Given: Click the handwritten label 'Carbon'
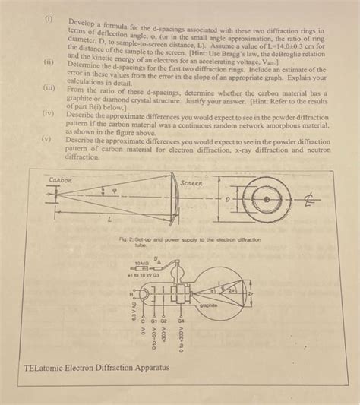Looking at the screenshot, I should click(60, 179).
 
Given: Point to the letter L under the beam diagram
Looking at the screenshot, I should click(109, 219).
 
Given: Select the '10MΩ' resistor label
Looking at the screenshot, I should click(142, 264).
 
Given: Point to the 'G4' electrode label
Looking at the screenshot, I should click(181, 321).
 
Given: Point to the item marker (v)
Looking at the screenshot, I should click(47, 138).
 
